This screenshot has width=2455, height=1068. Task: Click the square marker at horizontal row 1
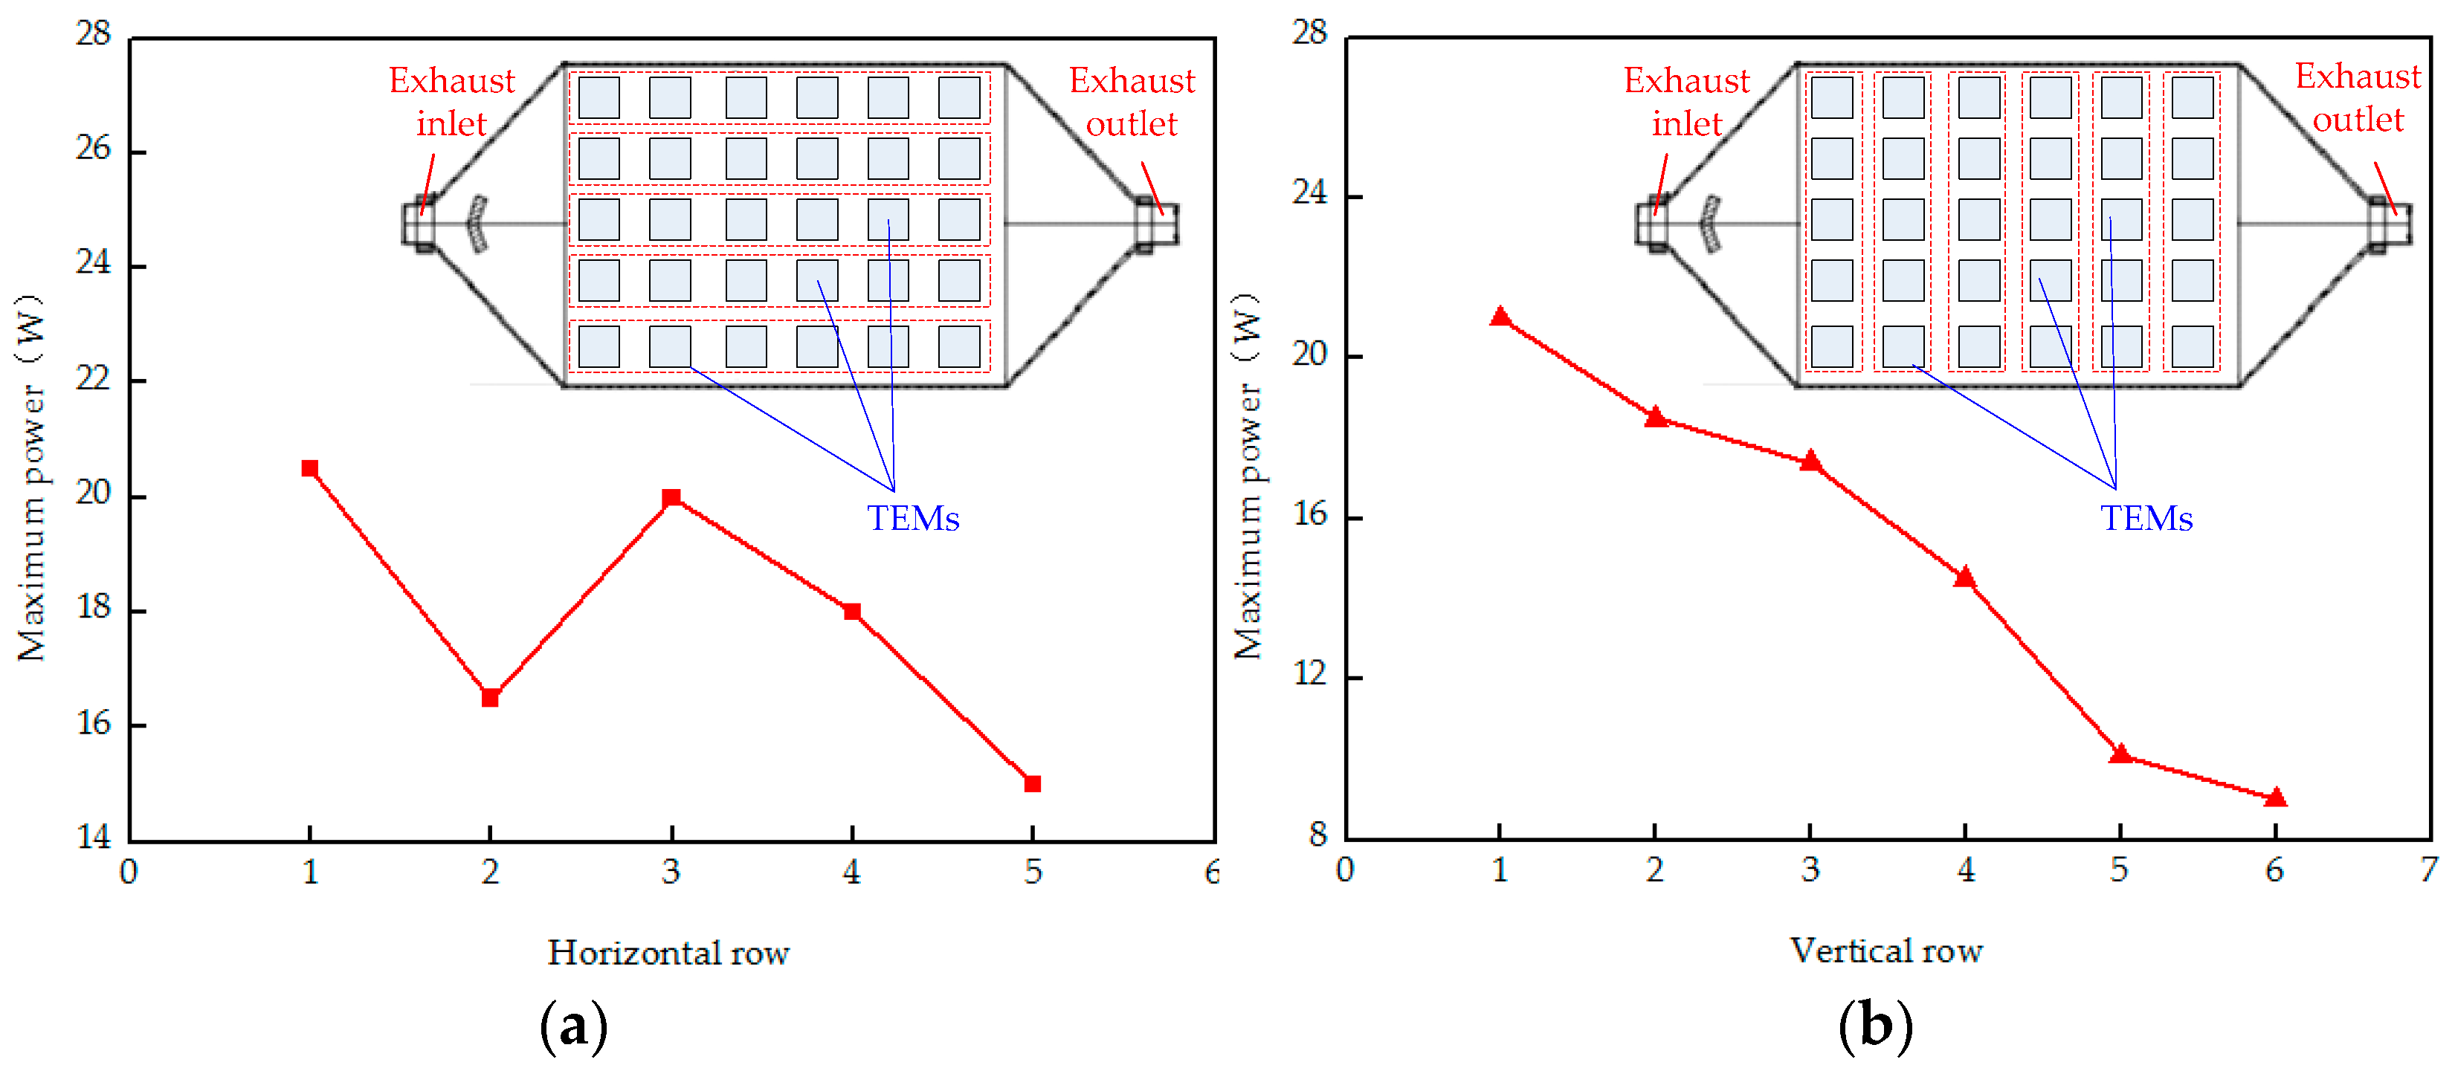[x=310, y=467]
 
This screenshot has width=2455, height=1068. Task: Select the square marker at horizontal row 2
[x=490, y=697]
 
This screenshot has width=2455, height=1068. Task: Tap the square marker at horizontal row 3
[x=671, y=497]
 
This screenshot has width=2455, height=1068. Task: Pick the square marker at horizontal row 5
[x=1032, y=783]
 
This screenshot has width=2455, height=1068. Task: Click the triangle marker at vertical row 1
[x=1500, y=317]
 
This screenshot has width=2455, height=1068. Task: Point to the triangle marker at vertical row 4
[x=1964, y=577]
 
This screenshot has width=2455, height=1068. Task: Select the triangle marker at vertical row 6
[x=2275, y=797]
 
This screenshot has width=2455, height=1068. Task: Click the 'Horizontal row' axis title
[x=668, y=953]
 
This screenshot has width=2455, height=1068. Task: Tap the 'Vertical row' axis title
[x=1886, y=950]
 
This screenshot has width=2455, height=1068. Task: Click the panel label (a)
[x=572, y=1026]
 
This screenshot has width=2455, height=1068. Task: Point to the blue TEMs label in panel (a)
[x=912, y=518]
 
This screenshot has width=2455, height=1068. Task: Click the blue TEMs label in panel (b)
[x=2146, y=518]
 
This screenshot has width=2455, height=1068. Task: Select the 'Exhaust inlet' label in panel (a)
[x=452, y=102]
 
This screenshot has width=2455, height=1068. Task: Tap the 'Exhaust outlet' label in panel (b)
[x=2357, y=97]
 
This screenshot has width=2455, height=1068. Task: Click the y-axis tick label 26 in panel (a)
[x=94, y=148]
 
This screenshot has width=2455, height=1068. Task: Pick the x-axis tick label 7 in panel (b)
[x=2428, y=869]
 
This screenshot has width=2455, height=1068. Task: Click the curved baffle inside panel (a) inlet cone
[x=477, y=224]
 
